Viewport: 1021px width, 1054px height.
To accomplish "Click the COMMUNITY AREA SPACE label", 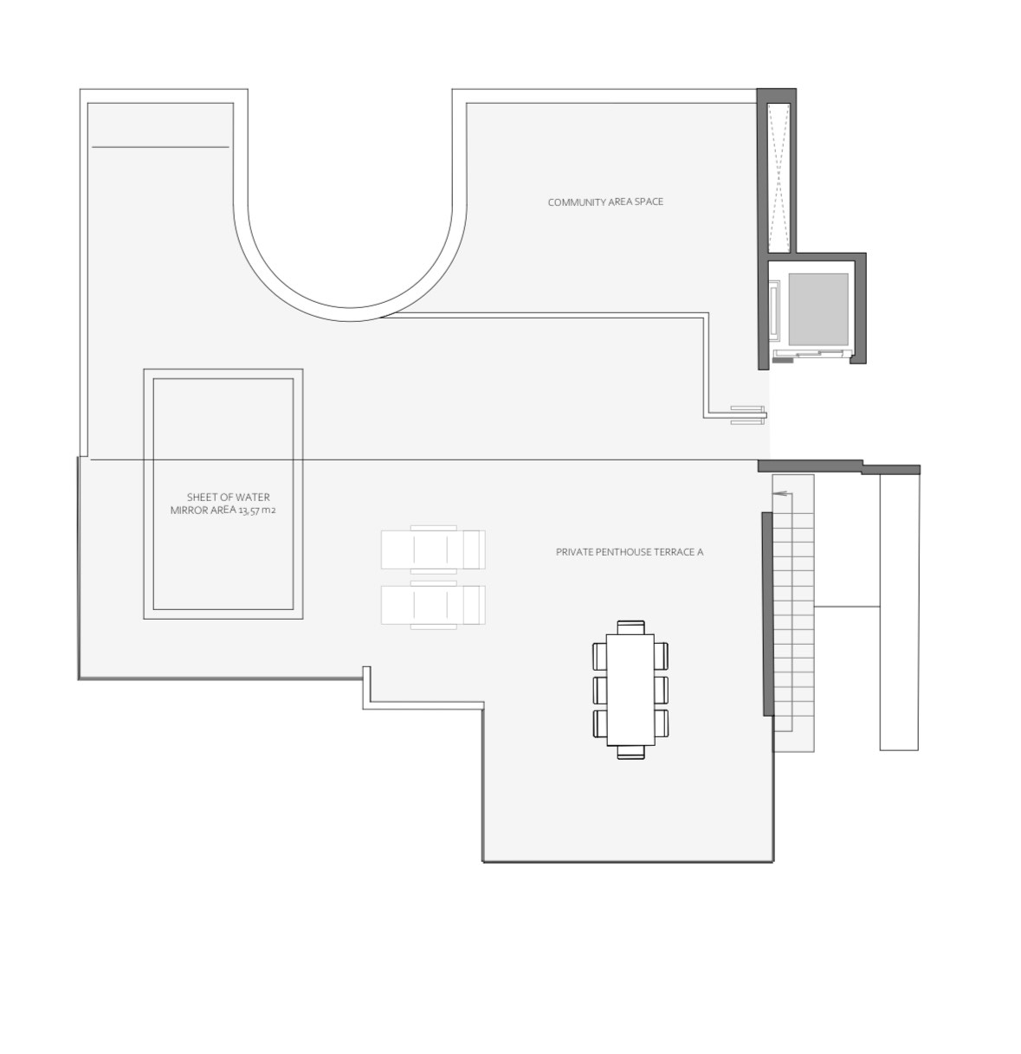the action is (605, 202).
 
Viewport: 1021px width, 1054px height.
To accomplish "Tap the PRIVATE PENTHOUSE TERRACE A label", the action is (630, 552).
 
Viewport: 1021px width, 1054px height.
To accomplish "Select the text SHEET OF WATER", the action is (228, 497).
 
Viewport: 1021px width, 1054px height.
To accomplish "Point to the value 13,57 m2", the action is (257, 511).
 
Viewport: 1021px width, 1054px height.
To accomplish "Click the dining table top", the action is (630, 690).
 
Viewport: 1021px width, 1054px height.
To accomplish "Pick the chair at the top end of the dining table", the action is (630, 627).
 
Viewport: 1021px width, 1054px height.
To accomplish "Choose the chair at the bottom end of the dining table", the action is (630, 752).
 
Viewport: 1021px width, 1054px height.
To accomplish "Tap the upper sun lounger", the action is (433, 549).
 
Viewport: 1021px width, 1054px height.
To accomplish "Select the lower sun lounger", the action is (433, 605).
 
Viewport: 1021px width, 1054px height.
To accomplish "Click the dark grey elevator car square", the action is (817, 309).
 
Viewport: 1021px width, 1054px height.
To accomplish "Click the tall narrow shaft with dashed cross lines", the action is (779, 177).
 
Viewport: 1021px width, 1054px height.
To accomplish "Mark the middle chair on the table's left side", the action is (600, 690).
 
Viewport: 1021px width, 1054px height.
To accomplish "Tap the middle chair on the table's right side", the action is (661, 690).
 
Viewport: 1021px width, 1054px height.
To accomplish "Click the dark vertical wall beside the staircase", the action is (767, 614).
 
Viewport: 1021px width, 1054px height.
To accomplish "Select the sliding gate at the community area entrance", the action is (748, 415).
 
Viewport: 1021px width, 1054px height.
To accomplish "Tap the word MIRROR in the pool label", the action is (189, 511).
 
